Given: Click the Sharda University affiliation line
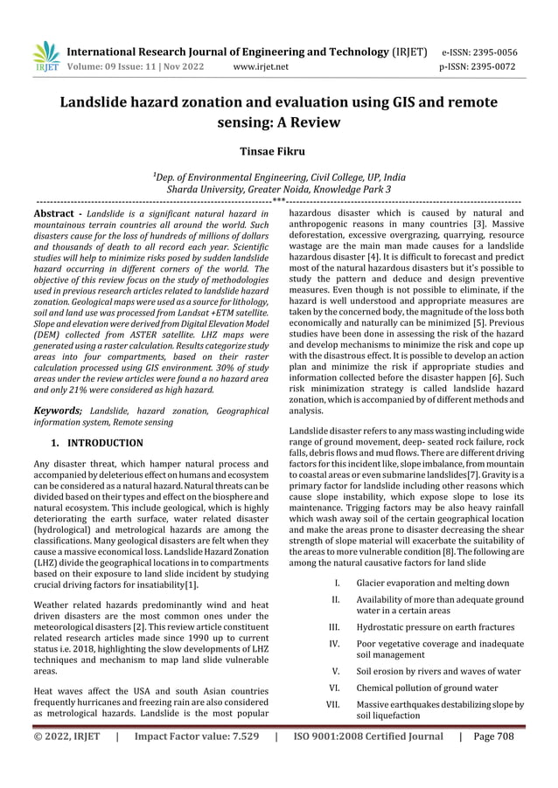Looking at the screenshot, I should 278,189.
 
